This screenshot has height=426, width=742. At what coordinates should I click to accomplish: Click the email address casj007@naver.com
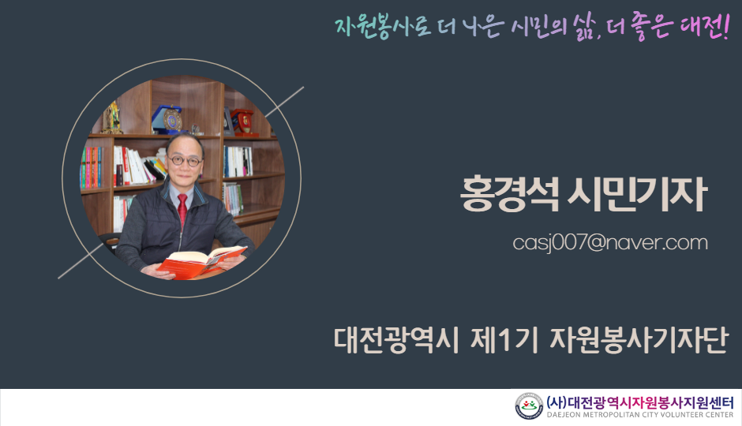[x=610, y=243]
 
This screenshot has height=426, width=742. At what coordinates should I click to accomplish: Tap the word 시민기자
[x=637, y=193]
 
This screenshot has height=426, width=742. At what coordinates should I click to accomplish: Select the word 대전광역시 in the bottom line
[x=396, y=339]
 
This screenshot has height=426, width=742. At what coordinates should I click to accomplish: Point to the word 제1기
[x=504, y=339]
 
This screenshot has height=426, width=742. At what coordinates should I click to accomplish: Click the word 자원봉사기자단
[x=639, y=339]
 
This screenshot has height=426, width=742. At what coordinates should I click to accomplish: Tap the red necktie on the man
[x=182, y=210]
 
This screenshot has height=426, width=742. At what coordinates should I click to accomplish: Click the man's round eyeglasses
[x=185, y=161]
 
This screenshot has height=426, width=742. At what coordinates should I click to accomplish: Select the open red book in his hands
[x=202, y=261]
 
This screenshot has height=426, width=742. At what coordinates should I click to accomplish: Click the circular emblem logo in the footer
[x=529, y=406]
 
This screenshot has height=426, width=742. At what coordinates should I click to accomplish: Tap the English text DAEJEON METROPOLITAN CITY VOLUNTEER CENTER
[x=640, y=415]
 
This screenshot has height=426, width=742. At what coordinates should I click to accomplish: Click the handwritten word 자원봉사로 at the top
[x=382, y=27]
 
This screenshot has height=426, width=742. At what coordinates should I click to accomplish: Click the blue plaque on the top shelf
[x=167, y=120]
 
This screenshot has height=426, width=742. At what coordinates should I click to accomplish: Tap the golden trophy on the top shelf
[x=112, y=118]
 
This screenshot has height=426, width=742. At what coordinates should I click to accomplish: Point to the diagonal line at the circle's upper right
[x=284, y=102]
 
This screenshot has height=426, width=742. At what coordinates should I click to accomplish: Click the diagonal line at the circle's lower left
[x=81, y=261]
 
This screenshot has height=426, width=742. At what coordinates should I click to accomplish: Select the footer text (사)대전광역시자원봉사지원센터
[x=640, y=402]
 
